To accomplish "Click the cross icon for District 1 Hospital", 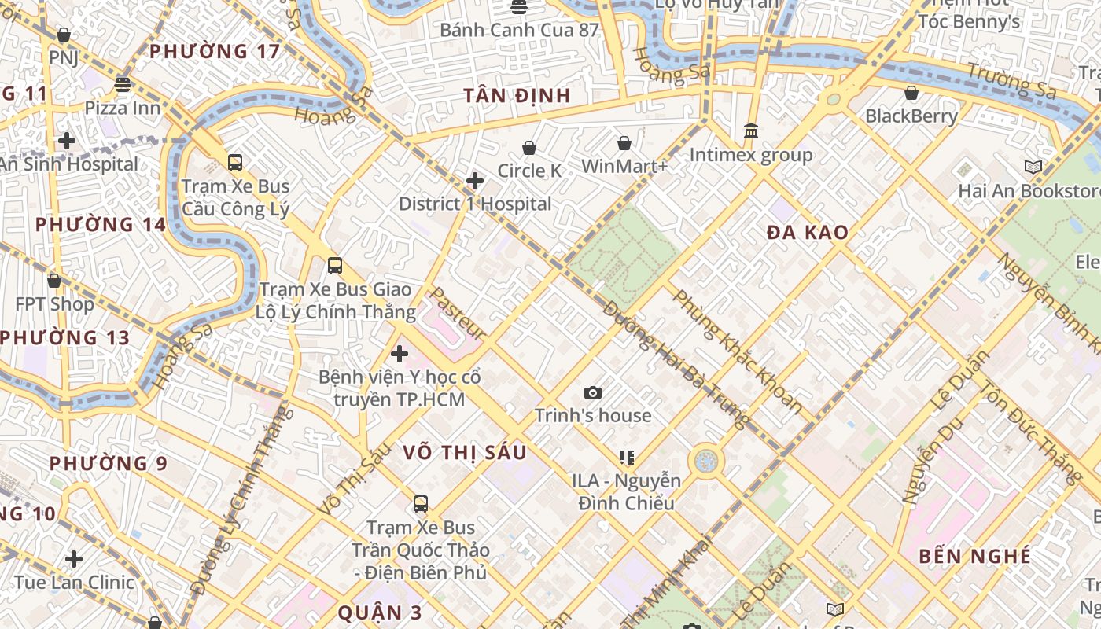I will (x=475, y=181).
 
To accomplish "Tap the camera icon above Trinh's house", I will (x=593, y=392).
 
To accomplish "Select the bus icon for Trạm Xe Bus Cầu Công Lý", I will (x=234, y=163).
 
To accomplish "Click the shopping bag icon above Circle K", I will (x=529, y=148).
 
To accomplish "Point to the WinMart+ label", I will (x=624, y=167).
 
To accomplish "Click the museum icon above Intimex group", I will (x=751, y=131).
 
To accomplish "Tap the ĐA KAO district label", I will (x=808, y=232).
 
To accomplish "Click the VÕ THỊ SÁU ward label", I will (x=464, y=453).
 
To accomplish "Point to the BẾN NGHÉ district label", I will (x=974, y=557).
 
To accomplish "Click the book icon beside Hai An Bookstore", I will (x=1033, y=167).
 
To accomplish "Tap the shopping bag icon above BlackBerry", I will (x=911, y=93).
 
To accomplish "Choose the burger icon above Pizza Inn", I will (x=122, y=84).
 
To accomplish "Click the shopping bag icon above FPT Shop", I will (x=54, y=281).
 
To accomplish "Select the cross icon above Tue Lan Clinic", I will (x=74, y=559).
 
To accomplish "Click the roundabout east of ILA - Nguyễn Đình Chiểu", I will (x=705, y=462).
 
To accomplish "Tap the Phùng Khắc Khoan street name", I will (x=738, y=351).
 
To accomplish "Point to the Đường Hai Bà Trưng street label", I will (x=675, y=364).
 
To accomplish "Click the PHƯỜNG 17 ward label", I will (x=214, y=52).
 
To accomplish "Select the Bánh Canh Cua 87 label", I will (x=519, y=31).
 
